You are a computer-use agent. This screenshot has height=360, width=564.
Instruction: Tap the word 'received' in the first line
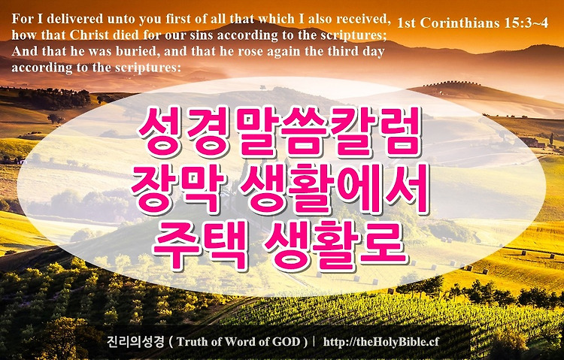[368, 19]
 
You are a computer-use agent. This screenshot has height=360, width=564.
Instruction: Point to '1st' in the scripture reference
[407, 23]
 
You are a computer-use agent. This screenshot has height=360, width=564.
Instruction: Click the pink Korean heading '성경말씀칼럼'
[280, 132]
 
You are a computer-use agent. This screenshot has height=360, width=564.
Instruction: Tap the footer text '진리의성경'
[135, 341]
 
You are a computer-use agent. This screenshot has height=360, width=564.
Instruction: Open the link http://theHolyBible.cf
[381, 342]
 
